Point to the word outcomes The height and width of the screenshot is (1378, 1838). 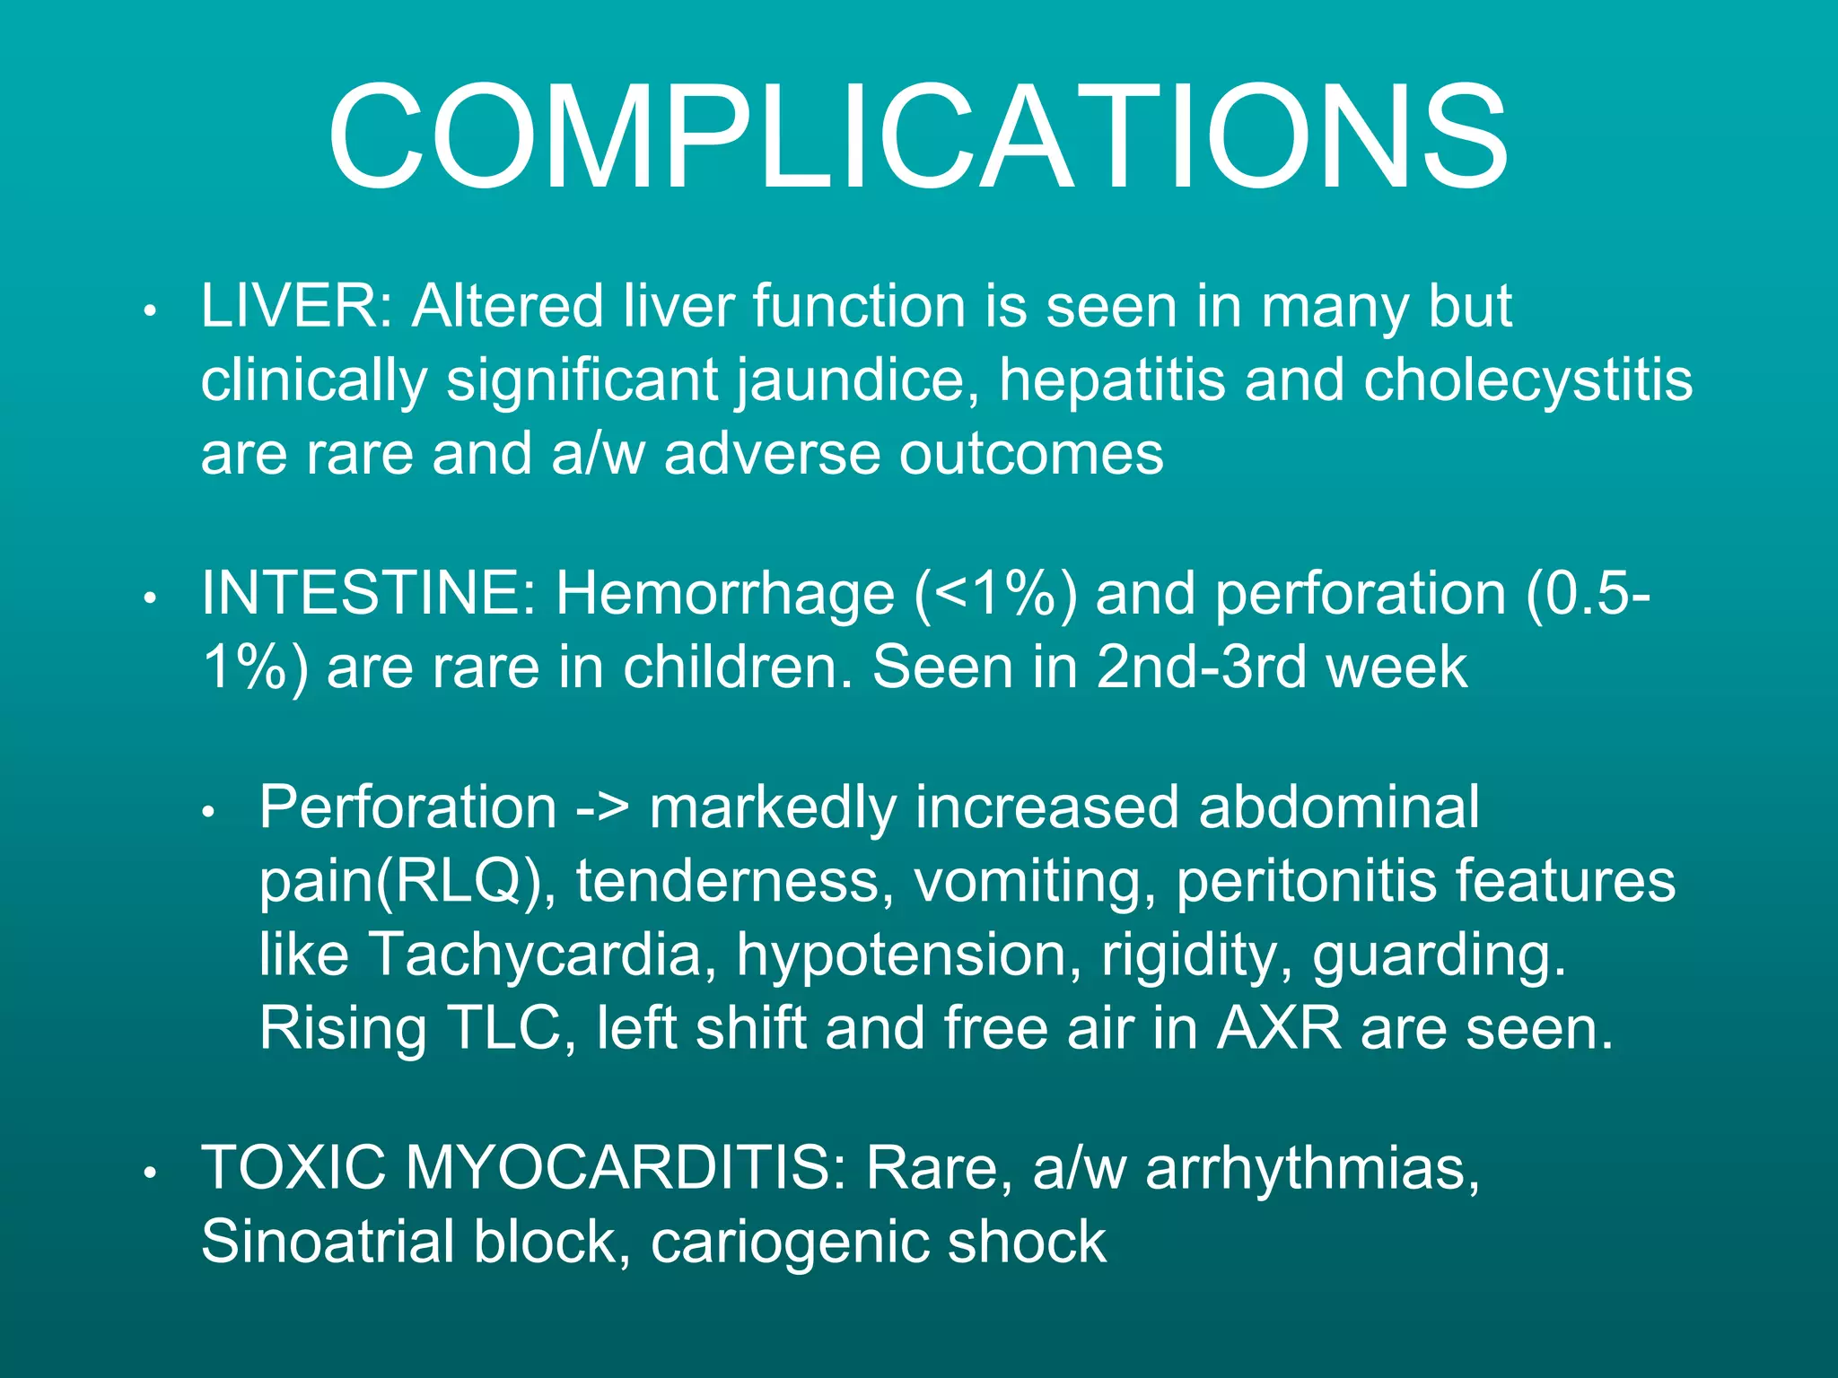[1031, 454]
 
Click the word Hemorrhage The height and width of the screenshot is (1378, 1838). [724, 594]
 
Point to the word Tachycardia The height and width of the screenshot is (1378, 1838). [535, 955]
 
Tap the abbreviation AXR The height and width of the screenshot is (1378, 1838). [1278, 1028]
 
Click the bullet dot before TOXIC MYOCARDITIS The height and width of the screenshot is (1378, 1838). [152, 1173]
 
